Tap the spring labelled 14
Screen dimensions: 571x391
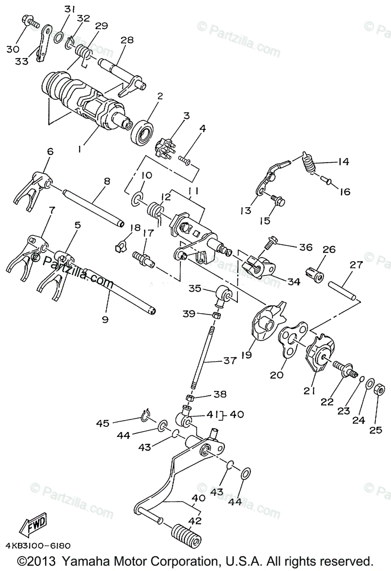(309, 165)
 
